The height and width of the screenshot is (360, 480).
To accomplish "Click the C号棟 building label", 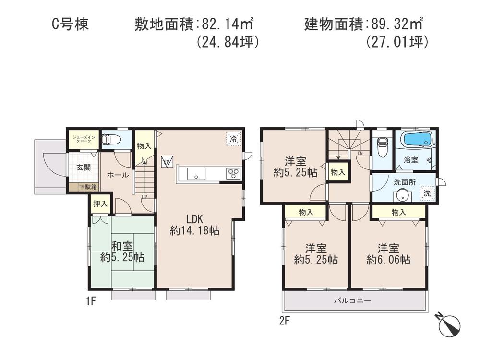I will coord(70,24).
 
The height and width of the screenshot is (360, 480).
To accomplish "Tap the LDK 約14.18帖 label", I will coord(194,224).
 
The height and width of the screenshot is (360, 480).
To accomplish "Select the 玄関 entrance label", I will coord(83,168).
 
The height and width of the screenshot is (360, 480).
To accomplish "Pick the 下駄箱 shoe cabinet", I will coord(88,187).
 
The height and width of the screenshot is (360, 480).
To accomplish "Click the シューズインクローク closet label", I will coord(83,139).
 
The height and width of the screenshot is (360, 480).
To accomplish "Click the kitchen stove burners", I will coord(234,174).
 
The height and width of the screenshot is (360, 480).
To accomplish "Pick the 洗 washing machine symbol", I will coord(426,193).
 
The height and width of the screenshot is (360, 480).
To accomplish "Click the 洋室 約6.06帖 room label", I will coord(388,254).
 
